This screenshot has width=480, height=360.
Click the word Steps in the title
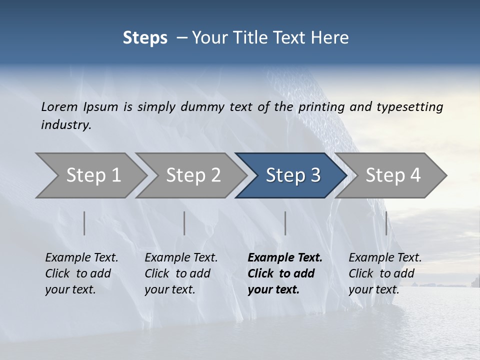[x=145, y=38]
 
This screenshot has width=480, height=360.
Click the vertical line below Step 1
[x=84, y=223]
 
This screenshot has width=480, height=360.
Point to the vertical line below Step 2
[x=184, y=223]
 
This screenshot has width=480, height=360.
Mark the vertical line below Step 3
[x=285, y=223]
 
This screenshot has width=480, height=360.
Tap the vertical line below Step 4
[x=386, y=223]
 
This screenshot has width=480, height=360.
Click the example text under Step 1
[x=81, y=273]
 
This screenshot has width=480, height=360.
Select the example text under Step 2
[x=181, y=273]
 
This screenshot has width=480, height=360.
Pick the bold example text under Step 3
[x=284, y=273]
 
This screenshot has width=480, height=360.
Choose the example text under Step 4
[x=385, y=273]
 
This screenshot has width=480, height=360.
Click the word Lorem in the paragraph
[x=59, y=107]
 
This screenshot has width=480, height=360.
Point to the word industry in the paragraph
[x=66, y=125]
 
